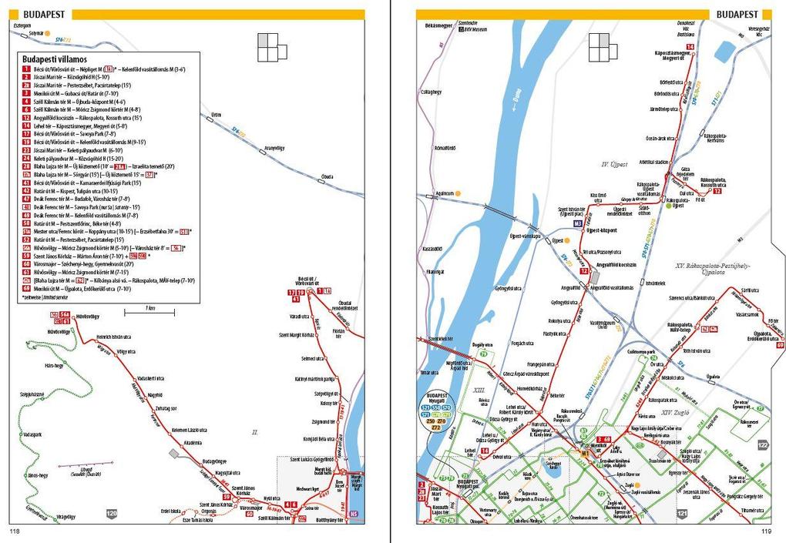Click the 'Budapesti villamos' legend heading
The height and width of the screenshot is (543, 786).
pyautogui.click(x=55, y=59)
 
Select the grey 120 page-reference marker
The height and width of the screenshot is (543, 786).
pyautogui.click(x=113, y=513)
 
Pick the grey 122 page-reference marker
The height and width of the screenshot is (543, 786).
pyautogui.click(x=763, y=445)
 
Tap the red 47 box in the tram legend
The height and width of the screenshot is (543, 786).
pyautogui.click(x=27, y=199)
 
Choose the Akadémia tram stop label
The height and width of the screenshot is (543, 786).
pyautogui.click(x=192, y=443)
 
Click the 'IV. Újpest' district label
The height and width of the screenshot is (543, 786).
pyautogui.click(x=615, y=164)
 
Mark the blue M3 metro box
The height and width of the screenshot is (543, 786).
pyautogui.click(x=577, y=223)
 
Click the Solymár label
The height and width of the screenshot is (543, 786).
pyautogui.click(x=36, y=33)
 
